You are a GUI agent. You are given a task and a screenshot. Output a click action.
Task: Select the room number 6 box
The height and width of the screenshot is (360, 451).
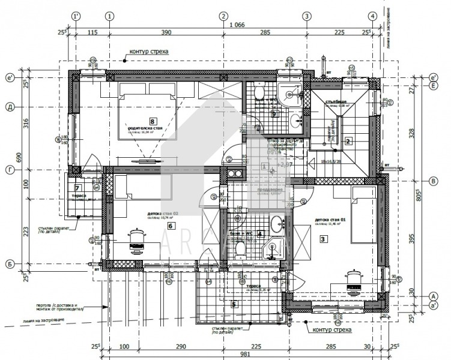tap(171, 226)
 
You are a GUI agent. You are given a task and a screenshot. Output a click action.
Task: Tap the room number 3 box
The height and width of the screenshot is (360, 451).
tap(324, 239)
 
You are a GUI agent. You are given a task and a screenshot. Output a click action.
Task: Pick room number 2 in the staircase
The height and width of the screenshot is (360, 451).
tap(348, 142)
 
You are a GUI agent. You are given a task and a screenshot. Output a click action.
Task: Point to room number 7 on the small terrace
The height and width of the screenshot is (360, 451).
tap(77, 188)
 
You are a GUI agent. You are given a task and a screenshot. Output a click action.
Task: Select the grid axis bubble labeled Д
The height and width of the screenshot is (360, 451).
tap(10, 107)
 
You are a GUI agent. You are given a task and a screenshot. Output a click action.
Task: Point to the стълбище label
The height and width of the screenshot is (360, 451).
tap(337, 102)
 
